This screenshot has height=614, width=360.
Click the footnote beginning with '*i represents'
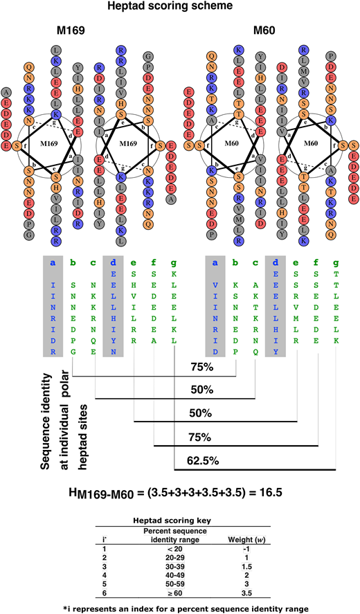point(180,608)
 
